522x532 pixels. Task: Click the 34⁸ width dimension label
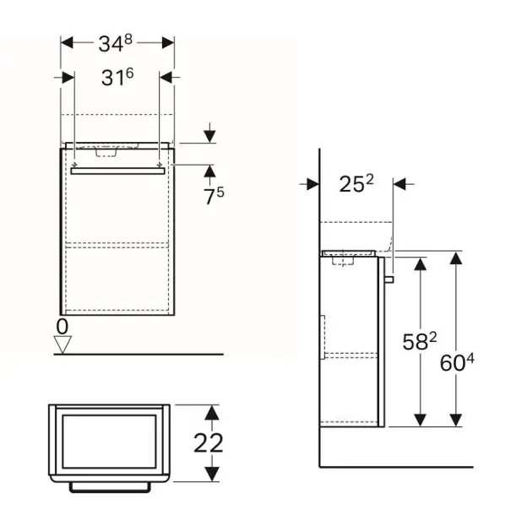(x=115, y=43)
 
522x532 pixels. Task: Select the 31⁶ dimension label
(x=117, y=77)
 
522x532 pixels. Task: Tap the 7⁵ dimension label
(x=214, y=196)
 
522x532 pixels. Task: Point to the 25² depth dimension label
(x=356, y=183)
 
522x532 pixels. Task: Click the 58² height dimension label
(x=420, y=341)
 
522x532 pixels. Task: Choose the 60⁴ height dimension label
(x=457, y=362)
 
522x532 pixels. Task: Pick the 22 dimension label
(x=209, y=442)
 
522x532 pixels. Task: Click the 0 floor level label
(x=63, y=327)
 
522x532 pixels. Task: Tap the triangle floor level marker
(x=63, y=344)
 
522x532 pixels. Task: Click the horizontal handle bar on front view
(x=117, y=171)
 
